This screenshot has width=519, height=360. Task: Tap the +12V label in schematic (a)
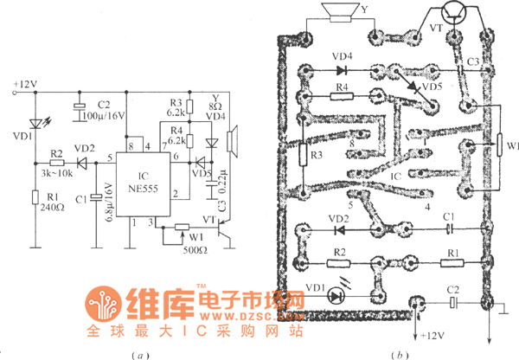(x=25, y=85)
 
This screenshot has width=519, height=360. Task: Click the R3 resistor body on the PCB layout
(x=304, y=154)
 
